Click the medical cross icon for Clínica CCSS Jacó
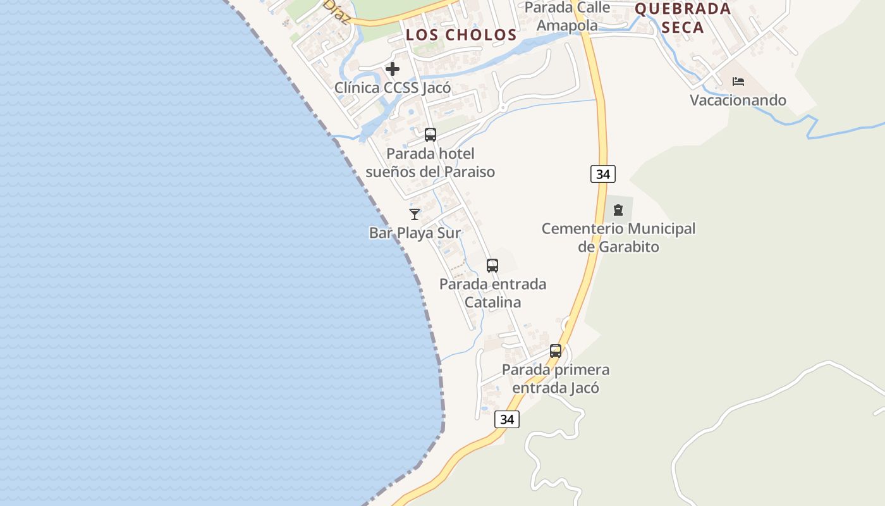pyautogui.click(x=393, y=69)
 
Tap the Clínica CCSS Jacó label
pyautogui.click(x=393, y=87)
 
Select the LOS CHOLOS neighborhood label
pyautogui.click(x=461, y=35)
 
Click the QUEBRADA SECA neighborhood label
pyautogui.click(x=683, y=18)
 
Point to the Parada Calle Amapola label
pyautogui.click(x=567, y=16)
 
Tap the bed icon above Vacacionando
pyautogui.click(x=738, y=82)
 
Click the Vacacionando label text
pyautogui.click(x=738, y=100)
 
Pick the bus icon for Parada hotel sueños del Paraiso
pyautogui.click(x=430, y=135)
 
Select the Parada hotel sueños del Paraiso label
pyautogui.click(x=430, y=163)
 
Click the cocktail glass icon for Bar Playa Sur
pyautogui.click(x=415, y=214)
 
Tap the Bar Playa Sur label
pyautogui.click(x=415, y=233)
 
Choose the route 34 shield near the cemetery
pyautogui.click(x=603, y=174)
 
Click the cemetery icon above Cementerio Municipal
pyautogui.click(x=618, y=210)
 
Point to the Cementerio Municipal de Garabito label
pyautogui.click(x=618, y=237)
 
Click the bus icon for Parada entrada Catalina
pyautogui.click(x=492, y=266)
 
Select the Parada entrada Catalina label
pyautogui.click(x=492, y=293)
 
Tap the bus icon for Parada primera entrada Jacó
pyautogui.click(x=556, y=351)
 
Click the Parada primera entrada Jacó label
pyautogui.click(x=556, y=378)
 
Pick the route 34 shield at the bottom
pyautogui.click(x=507, y=419)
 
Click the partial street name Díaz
pyautogui.click(x=337, y=11)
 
